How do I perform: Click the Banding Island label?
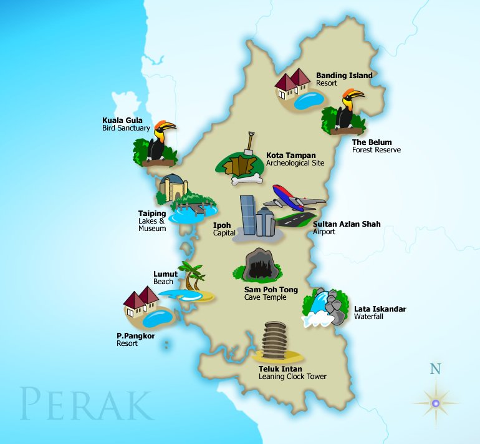tap(343, 76)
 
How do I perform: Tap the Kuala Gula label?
tap(122, 121)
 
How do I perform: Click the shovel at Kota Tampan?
tap(249, 143)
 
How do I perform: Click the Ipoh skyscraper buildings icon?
tap(256, 216)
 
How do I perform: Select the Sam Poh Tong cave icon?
tap(256, 264)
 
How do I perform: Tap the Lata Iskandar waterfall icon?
tap(324, 308)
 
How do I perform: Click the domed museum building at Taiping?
tap(173, 187)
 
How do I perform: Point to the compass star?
tap(436, 403)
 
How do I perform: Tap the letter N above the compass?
tap(435, 368)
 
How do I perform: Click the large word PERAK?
tap(86, 404)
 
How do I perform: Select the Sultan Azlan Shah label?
tap(347, 224)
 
